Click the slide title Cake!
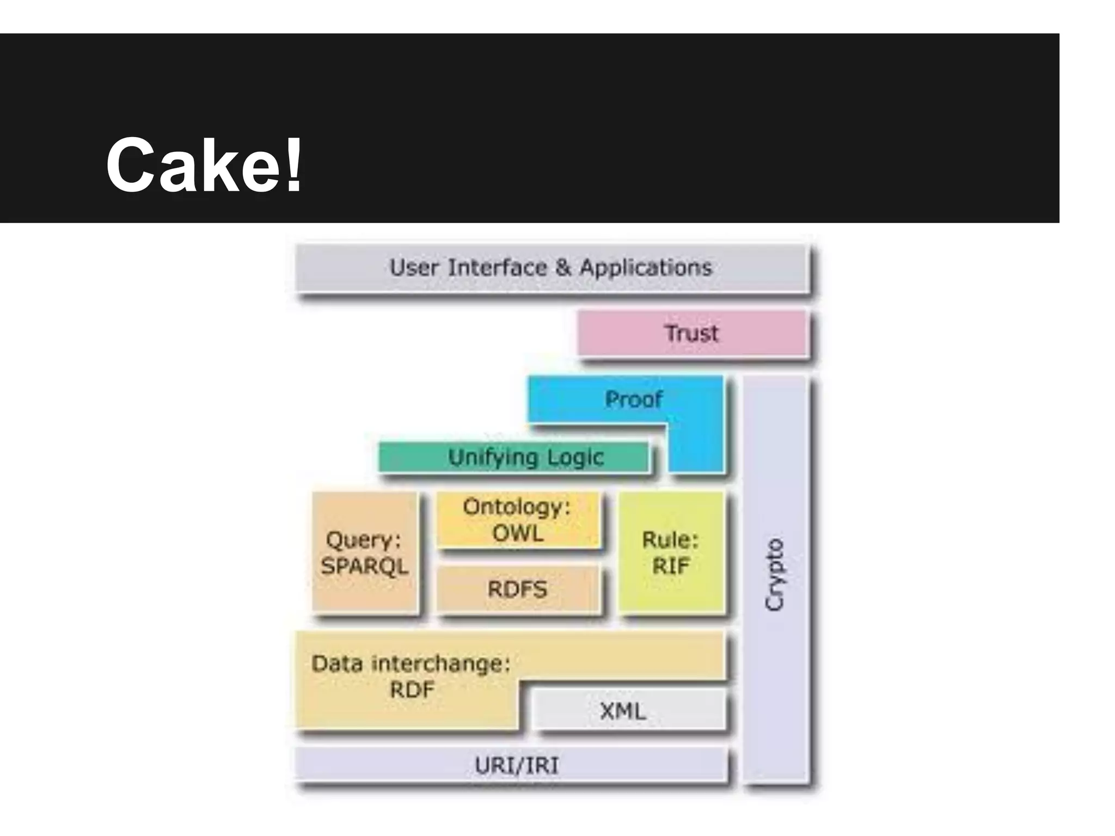point(204,164)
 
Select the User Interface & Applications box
point(550,268)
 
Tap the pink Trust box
point(691,333)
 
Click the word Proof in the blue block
point(634,399)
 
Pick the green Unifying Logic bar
point(514,457)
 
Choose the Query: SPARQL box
point(364,552)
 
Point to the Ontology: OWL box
point(518,520)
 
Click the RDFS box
point(517,589)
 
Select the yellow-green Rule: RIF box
point(671,552)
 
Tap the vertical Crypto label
point(775,575)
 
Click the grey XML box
point(623,711)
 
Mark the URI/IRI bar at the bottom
point(516,766)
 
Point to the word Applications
point(646,268)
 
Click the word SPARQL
point(364,567)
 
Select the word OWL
point(518,533)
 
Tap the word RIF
point(671,567)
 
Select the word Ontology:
point(517,507)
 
